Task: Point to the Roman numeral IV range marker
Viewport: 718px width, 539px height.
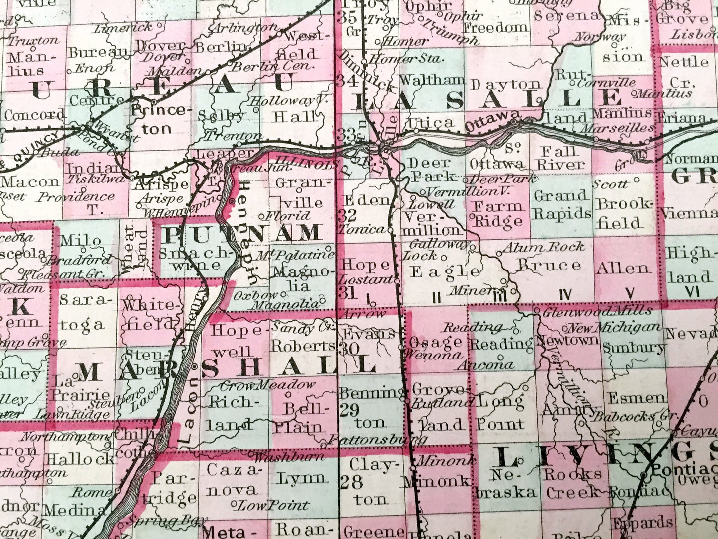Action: [x=564, y=295]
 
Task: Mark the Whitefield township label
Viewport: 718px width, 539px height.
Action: [x=150, y=314]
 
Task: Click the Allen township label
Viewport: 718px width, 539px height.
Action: [x=624, y=268]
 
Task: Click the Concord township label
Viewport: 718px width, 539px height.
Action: [x=34, y=115]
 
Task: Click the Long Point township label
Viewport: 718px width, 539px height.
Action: [x=500, y=413]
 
